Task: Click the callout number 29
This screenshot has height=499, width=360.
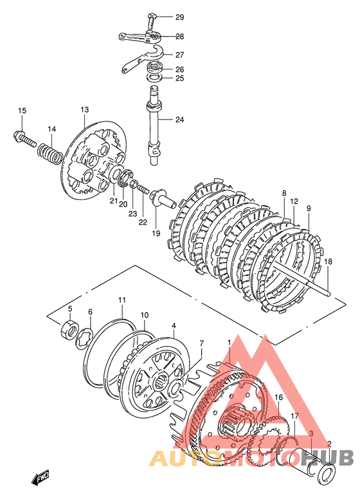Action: click(180, 17)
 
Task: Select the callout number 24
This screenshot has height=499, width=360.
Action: click(180, 120)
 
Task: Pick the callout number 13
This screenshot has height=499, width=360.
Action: click(84, 110)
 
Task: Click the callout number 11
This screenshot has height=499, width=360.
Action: click(122, 300)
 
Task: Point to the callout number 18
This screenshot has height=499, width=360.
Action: click(328, 261)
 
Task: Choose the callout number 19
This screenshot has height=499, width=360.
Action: click(156, 233)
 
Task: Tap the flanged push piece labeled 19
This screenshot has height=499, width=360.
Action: click(163, 198)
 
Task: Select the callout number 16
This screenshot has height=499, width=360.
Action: click(278, 397)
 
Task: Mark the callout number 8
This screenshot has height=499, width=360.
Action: click(284, 193)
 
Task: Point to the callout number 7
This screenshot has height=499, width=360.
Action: click(201, 343)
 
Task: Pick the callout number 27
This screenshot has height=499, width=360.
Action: click(180, 55)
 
